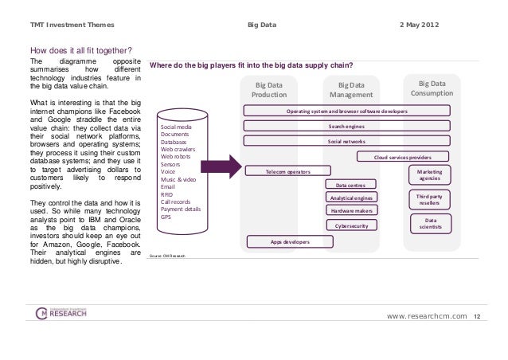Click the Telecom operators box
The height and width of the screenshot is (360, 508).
tap(287, 171)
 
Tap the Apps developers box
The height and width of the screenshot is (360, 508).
tap(290, 241)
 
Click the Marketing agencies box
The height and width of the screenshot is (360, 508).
tap(430, 174)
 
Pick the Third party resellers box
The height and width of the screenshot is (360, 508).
tap(430, 199)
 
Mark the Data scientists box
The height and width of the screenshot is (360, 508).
tap(431, 224)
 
